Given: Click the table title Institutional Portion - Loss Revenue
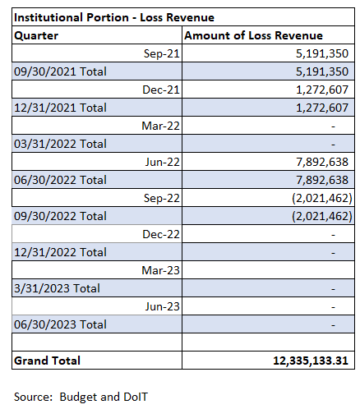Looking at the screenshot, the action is (114, 17).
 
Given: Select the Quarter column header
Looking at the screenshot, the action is (36, 35).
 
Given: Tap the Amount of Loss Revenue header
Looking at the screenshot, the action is (253, 35).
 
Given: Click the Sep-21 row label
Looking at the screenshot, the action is (162, 53).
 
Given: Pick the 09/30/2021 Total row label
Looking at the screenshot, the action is (60, 71).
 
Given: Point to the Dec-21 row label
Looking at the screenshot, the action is (161, 90).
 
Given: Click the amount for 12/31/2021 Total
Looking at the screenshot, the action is (322, 108).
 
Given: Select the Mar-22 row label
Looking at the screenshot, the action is (160, 126).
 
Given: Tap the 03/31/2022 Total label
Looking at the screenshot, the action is (60, 144).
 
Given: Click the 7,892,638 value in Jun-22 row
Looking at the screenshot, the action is (322, 162).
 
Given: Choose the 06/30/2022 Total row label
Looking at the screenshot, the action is (60, 180).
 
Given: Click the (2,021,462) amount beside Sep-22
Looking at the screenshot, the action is (322, 198).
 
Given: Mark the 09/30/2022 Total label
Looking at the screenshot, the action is (60, 216).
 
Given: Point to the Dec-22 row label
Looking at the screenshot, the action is (161, 234).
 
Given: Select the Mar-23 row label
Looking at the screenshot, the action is (160, 270).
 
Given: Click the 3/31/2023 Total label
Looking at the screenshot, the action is (57, 288).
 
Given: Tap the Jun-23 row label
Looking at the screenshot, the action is (163, 306).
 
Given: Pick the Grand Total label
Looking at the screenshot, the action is (47, 361).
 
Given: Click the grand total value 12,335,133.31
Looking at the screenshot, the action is (311, 361).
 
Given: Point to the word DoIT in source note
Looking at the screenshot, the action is (136, 397).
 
